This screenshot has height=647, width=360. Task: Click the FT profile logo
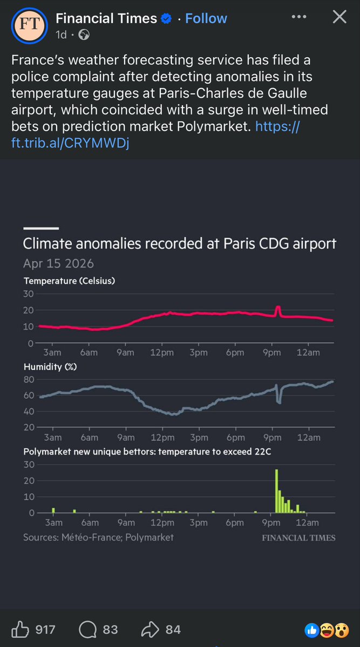(25, 25)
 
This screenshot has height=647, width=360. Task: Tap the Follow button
(206, 18)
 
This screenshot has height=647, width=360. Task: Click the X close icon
(339, 17)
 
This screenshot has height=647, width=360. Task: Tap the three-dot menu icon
(298, 17)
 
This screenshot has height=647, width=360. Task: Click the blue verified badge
(166, 19)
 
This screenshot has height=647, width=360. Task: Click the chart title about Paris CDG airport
(179, 243)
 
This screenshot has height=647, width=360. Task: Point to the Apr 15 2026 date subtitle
(58, 263)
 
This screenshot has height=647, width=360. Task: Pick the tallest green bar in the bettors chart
(276, 491)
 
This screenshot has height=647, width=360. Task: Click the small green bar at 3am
(53, 510)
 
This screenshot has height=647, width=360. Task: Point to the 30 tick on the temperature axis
(28, 294)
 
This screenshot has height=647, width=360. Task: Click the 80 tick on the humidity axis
(28, 379)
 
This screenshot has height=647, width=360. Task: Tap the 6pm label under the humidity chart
(235, 438)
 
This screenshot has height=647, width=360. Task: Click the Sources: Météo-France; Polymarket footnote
(98, 537)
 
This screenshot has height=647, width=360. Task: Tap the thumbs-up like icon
(20, 629)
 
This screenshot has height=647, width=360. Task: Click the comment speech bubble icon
(86, 629)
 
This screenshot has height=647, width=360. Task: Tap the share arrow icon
(149, 629)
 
